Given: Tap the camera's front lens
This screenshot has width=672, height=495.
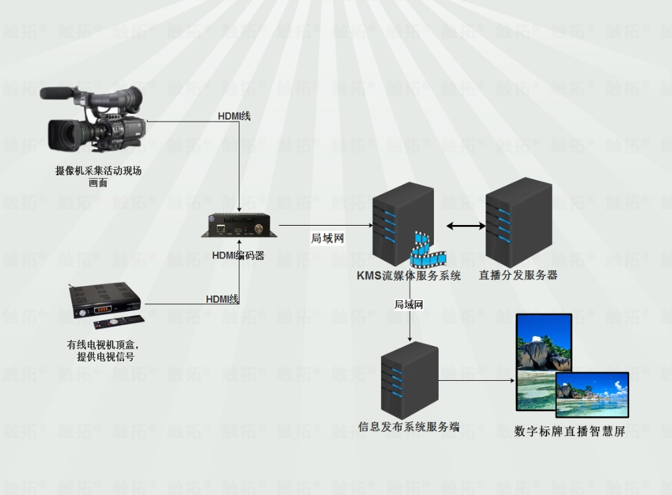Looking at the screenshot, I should (62, 134).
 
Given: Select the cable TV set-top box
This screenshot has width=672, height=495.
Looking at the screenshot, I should (101, 303).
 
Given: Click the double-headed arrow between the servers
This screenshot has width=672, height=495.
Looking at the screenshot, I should (465, 227).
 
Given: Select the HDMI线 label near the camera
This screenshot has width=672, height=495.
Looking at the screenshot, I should (234, 116).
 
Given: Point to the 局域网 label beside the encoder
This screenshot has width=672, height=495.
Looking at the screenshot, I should (327, 238).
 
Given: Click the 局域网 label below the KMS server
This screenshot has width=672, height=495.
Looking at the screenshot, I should (409, 304).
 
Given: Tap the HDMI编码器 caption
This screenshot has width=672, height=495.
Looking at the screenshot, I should (238, 255).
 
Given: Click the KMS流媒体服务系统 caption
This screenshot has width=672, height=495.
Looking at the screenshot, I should (408, 275).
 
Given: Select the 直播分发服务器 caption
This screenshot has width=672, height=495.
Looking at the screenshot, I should (518, 275).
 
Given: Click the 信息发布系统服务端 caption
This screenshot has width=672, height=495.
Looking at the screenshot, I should (409, 426).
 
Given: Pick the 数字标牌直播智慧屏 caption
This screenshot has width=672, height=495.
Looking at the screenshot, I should (569, 432).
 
